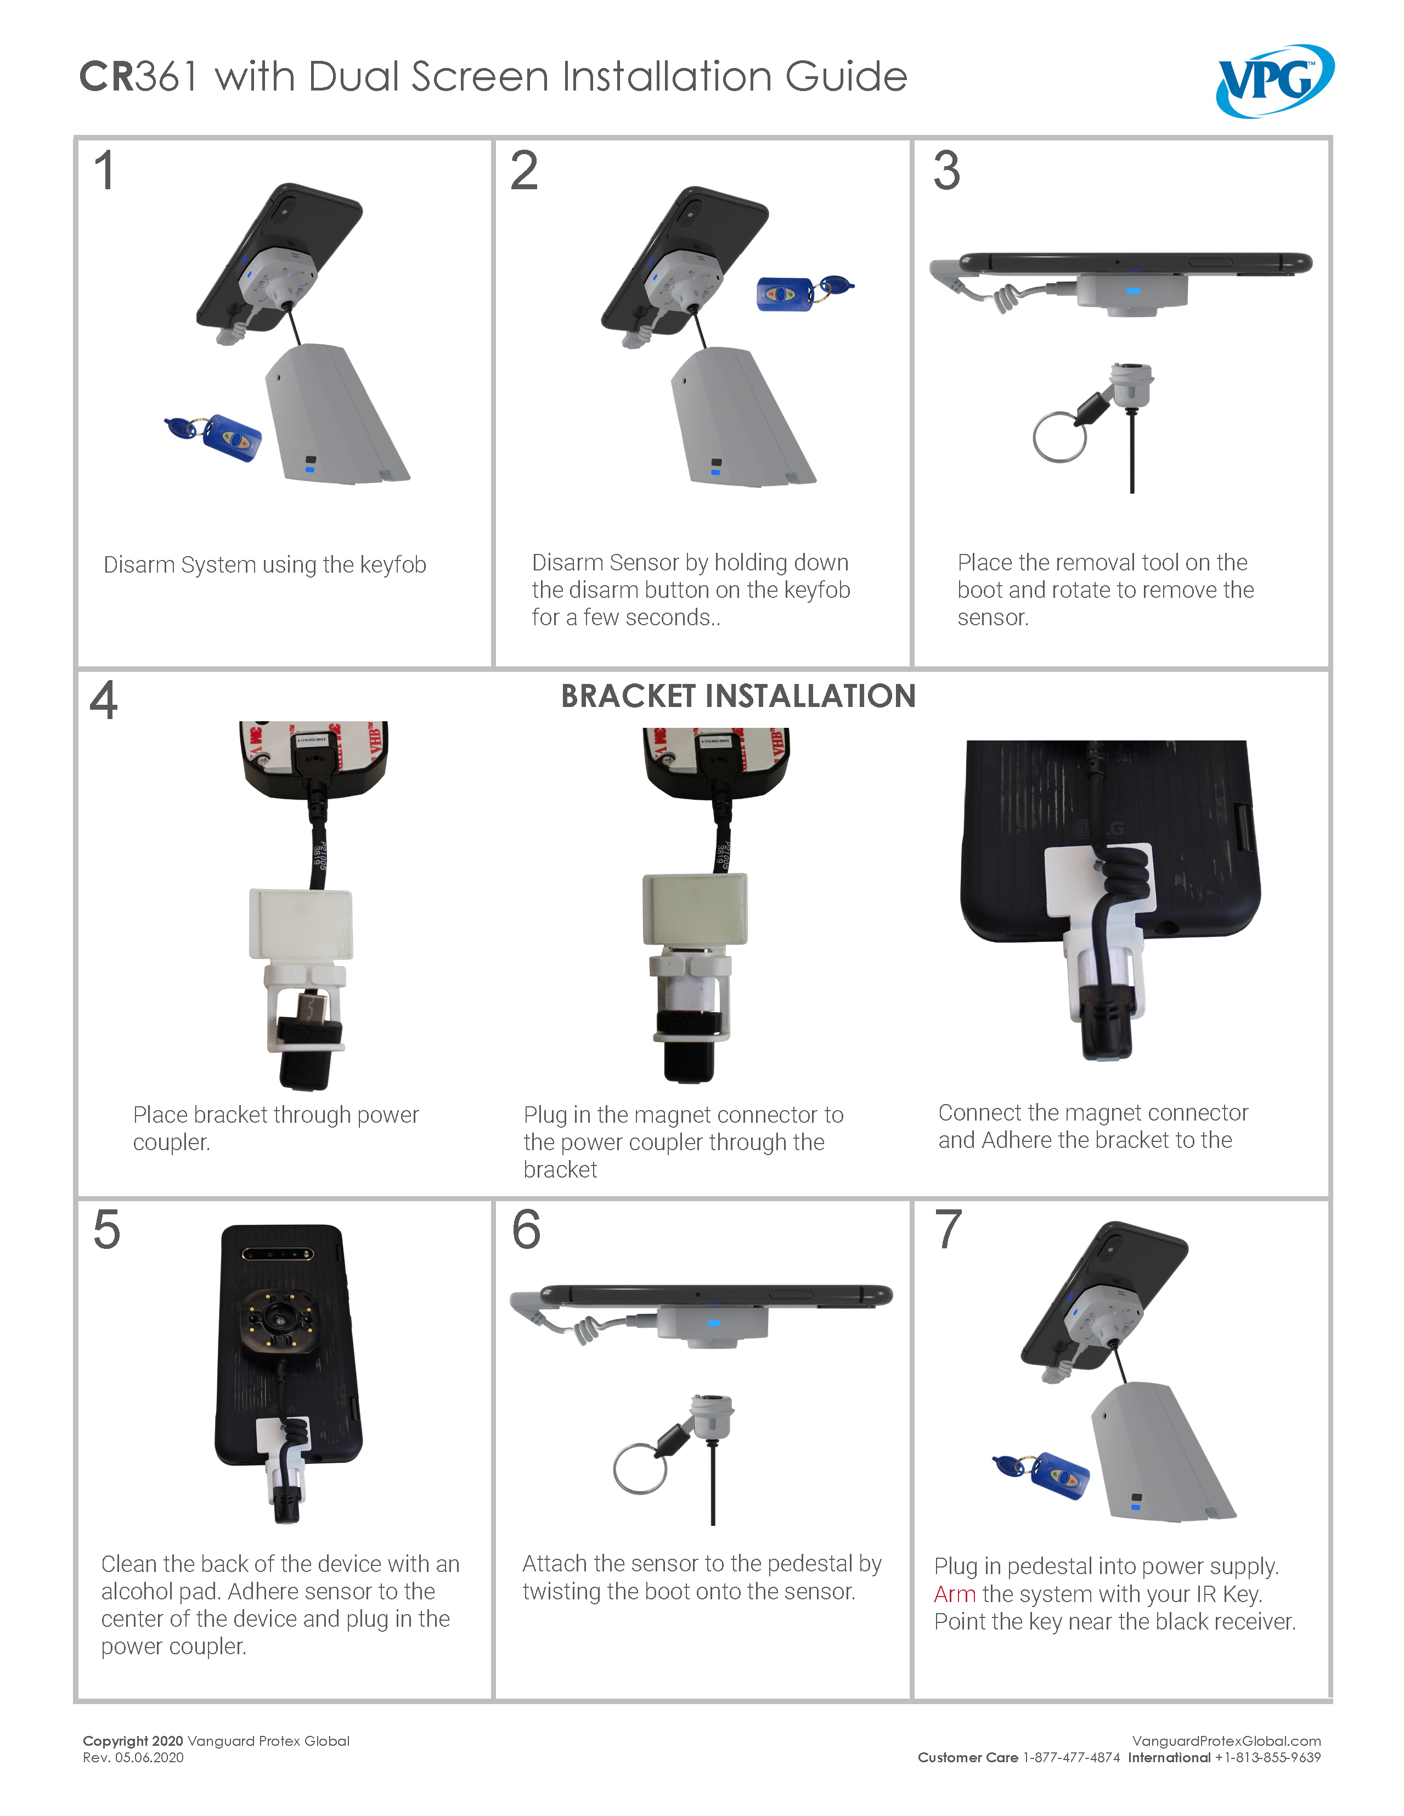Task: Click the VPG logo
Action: tap(1275, 80)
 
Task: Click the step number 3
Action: tap(946, 171)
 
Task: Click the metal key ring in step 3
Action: tap(1059, 437)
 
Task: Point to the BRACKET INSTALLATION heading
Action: tap(738, 696)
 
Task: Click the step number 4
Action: tap(104, 700)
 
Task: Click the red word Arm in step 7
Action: tap(954, 1594)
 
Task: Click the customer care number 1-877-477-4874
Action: tap(1072, 1758)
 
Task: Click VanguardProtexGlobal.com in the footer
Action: tap(1226, 1741)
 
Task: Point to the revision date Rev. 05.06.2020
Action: tap(133, 1758)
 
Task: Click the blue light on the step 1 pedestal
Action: tap(310, 470)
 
